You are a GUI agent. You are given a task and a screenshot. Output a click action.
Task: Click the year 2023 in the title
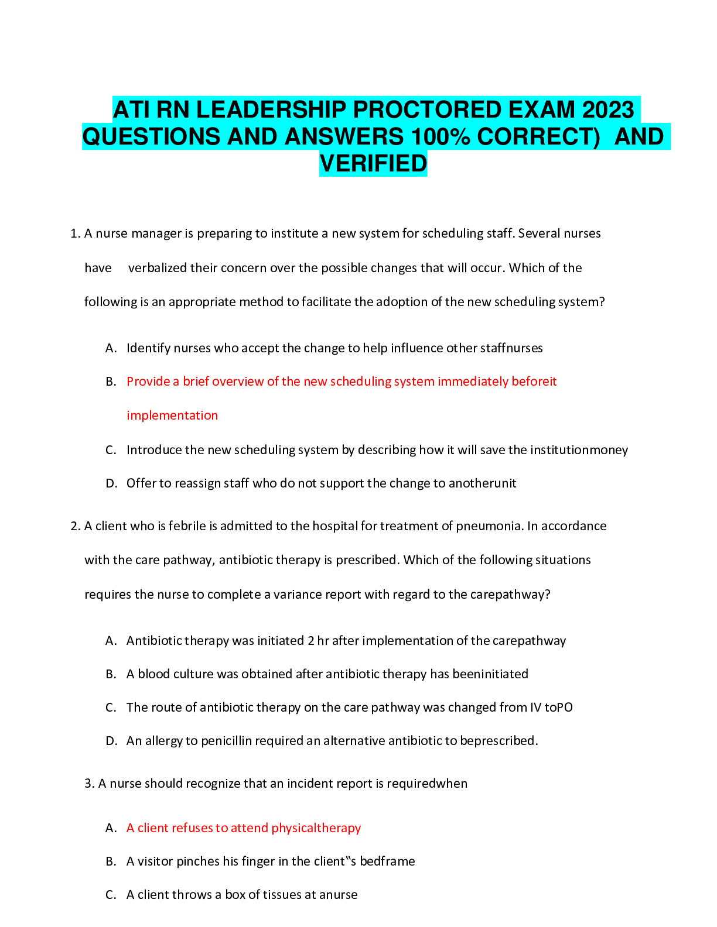pos(608,110)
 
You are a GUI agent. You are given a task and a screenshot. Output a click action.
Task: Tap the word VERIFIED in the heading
pos(373,163)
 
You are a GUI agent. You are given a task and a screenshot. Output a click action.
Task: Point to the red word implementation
pos(172,416)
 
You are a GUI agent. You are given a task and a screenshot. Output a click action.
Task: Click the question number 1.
pos(74,234)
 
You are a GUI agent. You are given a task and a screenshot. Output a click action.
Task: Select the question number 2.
pos(74,526)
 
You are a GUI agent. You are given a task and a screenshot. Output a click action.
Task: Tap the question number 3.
pos(88,784)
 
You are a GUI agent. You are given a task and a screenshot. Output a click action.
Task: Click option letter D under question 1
pos(111,483)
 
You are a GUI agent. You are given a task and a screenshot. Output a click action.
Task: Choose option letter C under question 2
pos(111,708)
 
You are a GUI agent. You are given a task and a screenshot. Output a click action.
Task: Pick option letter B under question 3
pos(111,861)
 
